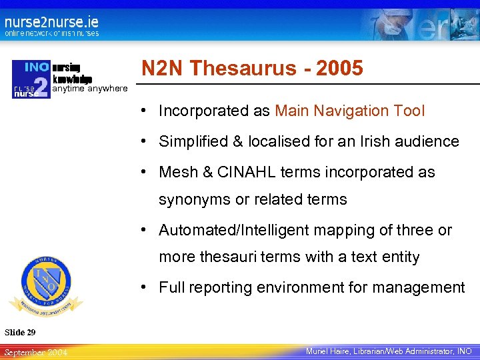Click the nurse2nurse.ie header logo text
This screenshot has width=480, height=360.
[51, 21]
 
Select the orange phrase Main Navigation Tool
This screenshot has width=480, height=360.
[349, 111]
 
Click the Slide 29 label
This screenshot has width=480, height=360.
[20, 332]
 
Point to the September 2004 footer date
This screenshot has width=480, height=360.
[35, 351]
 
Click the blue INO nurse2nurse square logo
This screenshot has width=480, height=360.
[31, 79]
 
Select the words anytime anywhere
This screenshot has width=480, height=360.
[89, 89]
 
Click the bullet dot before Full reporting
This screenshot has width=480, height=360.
[144, 288]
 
